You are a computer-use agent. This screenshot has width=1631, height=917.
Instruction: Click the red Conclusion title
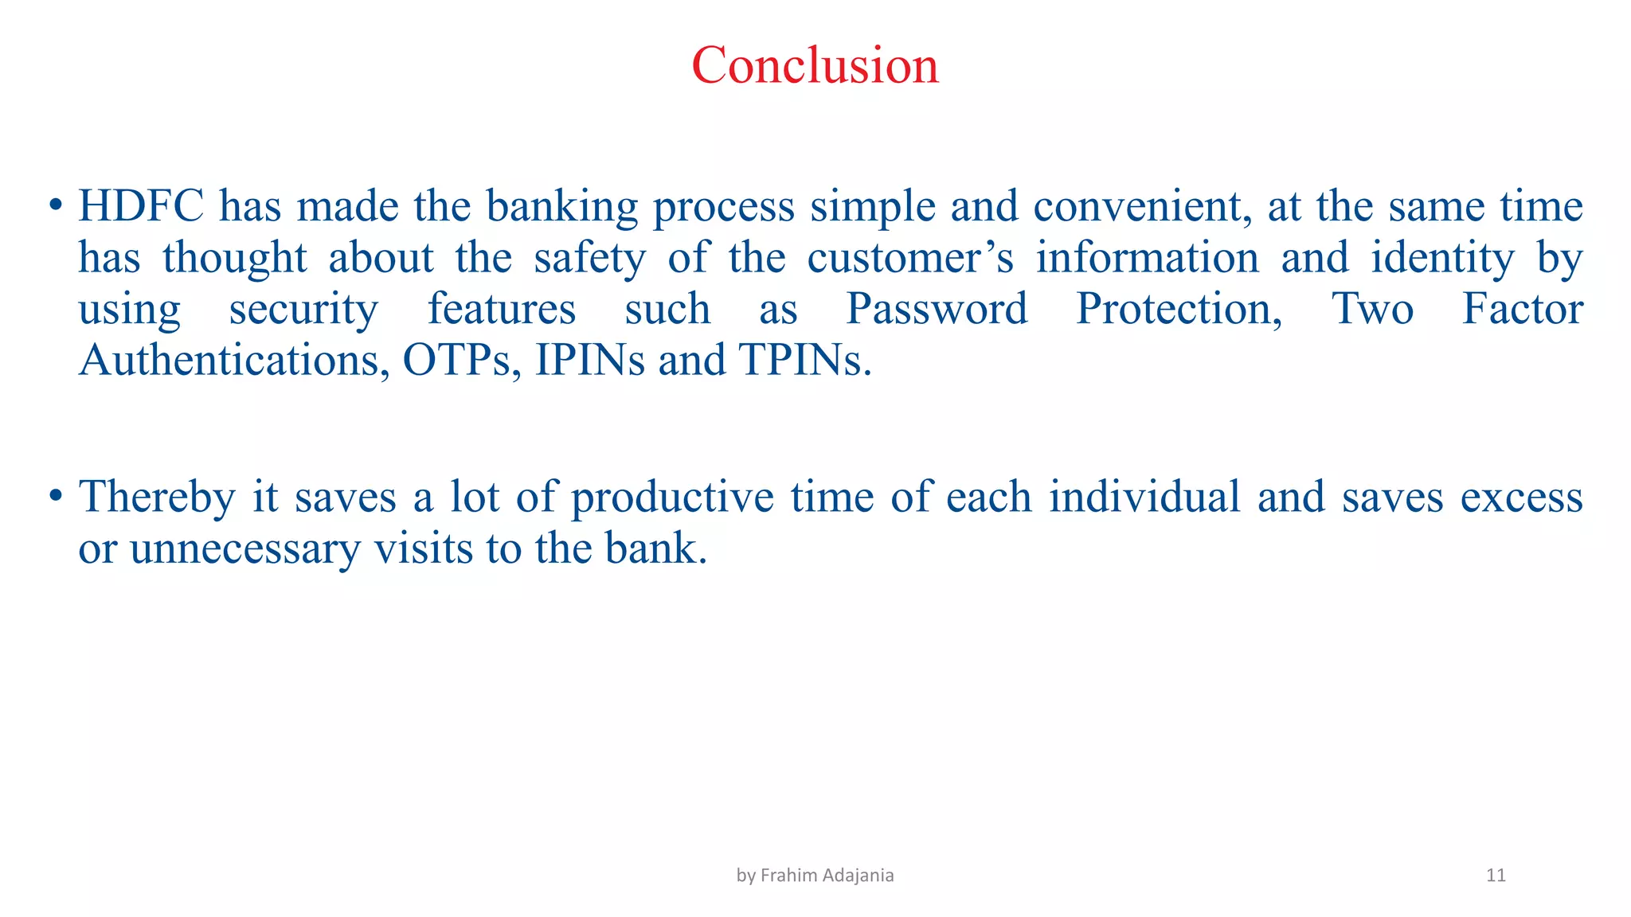tap(815, 65)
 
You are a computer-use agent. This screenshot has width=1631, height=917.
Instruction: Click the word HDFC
tap(140, 207)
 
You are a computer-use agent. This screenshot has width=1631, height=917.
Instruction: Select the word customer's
tap(910, 259)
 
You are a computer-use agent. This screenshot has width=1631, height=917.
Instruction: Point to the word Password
tap(936, 310)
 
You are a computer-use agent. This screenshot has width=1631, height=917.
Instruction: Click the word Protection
tap(1179, 310)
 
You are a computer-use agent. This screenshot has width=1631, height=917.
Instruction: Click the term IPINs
tap(589, 361)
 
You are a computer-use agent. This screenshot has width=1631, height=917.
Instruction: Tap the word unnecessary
tap(245, 549)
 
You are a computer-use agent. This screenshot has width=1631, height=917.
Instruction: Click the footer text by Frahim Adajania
tap(815, 876)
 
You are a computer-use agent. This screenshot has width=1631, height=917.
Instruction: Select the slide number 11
tap(1496, 876)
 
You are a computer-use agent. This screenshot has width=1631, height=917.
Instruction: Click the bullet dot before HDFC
tap(55, 205)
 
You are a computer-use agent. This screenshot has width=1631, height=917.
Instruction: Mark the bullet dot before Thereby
tap(55, 496)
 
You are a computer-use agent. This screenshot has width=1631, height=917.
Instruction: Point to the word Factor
tap(1523, 310)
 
